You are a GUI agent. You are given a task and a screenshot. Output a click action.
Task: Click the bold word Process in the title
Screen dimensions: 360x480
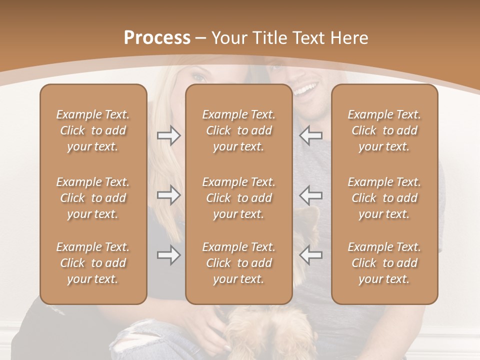tap(157, 38)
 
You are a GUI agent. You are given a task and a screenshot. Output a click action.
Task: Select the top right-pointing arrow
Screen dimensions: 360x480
tap(169, 135)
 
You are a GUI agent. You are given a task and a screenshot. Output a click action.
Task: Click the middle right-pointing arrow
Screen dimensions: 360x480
tap(169, 195)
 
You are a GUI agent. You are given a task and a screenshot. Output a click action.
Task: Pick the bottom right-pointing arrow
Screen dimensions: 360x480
tap(169, 255)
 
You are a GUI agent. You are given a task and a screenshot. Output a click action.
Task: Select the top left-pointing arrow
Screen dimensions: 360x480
tap(310, 135)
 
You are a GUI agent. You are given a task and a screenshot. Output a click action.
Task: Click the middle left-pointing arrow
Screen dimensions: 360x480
tap(310, 195)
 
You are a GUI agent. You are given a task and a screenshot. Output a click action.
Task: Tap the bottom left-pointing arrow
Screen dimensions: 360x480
tap(310, 255)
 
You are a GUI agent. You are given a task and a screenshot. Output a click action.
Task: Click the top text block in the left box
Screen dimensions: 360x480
tap(93, 130)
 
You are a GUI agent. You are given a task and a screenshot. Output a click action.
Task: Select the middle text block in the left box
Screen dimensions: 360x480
tap(93, 198)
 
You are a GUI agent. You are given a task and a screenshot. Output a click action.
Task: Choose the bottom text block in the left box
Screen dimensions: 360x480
tap(93, 263)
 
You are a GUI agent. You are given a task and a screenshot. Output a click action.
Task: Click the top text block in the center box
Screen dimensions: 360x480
tap(238, 130)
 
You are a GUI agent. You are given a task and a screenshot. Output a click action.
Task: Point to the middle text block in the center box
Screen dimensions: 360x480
tap(238, 198)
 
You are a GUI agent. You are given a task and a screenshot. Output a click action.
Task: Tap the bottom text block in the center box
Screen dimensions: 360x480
tap(238, 263)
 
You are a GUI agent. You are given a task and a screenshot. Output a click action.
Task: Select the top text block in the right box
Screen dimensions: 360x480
tap(384, 130)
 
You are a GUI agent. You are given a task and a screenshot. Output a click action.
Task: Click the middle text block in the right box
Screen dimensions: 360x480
tap(384, 198)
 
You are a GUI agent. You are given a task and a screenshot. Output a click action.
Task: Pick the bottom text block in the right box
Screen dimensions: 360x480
tap(384, 263)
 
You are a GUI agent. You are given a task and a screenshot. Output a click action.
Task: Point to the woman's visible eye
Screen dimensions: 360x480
tap(199, 77)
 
